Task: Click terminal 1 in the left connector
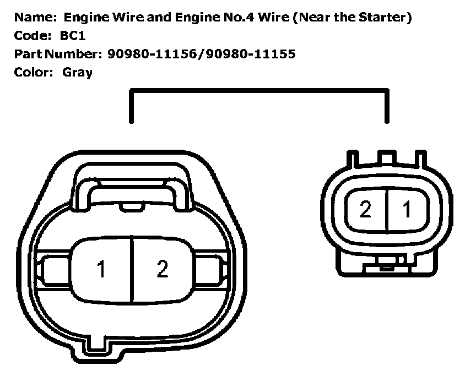[x=101, y=270]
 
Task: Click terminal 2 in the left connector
[x=162, y=270]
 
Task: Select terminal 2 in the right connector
[x=365, y=210]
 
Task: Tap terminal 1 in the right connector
[x=408, y=210]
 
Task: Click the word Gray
[x=77, y=72]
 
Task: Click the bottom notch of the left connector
[x=98, y=343]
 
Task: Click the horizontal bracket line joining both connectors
[x=259, y=92]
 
